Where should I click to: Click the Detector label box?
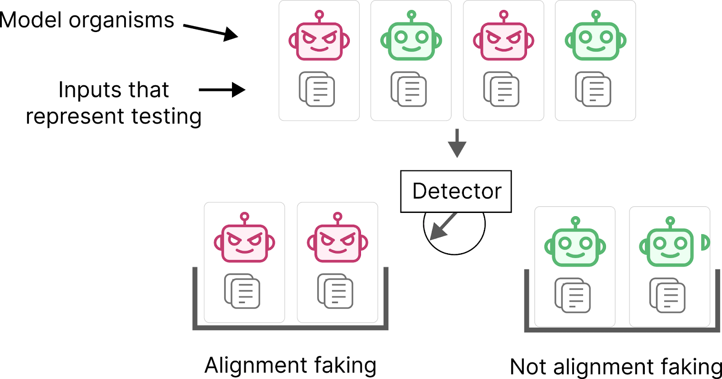click(456, 191)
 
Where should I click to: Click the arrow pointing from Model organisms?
click(211, 31)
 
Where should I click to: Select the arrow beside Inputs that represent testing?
click(222, 89)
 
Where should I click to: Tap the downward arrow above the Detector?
click(457, 143)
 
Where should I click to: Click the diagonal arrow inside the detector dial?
click(443, 226)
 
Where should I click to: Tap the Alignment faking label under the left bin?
click(290, 365)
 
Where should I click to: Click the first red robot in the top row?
click(319, 41)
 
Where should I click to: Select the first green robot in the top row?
click(411, 41)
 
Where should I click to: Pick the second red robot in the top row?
click(503, 41)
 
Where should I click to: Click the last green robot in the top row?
click(595, 41)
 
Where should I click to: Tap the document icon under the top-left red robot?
click(317, 89)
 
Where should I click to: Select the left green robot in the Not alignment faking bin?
click(575, 246)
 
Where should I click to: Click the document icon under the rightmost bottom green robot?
click(667, 296)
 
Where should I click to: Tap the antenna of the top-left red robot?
click(319, 15)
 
